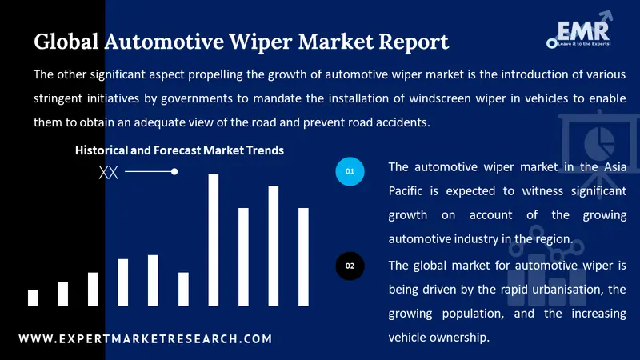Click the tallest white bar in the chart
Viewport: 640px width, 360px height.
click(x=214, y=240)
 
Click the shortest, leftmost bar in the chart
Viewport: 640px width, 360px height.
click(x=33, y=298)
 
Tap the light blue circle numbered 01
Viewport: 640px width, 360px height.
click(x=350, y=171)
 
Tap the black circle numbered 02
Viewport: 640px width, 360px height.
click(x=350, y=265)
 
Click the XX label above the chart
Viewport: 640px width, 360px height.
click(x=108, y=172)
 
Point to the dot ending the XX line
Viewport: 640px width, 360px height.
click(x=174, y=171)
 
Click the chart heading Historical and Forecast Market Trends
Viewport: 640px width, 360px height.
click(x=179, y=150)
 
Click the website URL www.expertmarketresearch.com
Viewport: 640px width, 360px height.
click(x=145, y=339)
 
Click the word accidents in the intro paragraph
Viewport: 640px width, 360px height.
click(x=403, y=122)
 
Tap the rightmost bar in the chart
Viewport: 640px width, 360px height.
click(x=303, y=257)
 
